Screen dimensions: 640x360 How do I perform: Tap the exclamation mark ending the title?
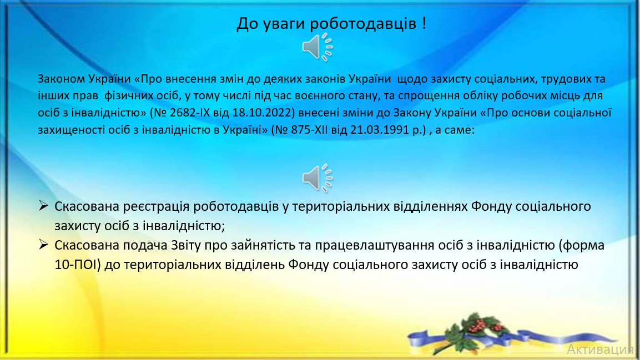(x=425, y=22)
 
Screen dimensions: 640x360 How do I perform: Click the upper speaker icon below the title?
(x=318, y=47)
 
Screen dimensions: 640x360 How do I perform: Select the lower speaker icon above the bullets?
(x=318, y=178)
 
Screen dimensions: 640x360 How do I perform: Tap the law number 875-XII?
(x=308, y=130)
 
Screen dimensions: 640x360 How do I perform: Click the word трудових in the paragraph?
(x=565, y=79)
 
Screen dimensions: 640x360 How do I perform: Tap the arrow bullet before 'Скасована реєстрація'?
(x=44, y=206)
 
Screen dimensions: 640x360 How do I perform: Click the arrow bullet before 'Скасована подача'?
(x=44, y=245)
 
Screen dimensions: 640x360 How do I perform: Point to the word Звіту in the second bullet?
(x=186, y=245)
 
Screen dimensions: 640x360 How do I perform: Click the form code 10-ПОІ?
(x=78, y=265)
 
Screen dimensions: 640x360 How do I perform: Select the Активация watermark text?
(x=600, y=349)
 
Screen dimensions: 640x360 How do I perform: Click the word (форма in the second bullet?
(x=582, y=245)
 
